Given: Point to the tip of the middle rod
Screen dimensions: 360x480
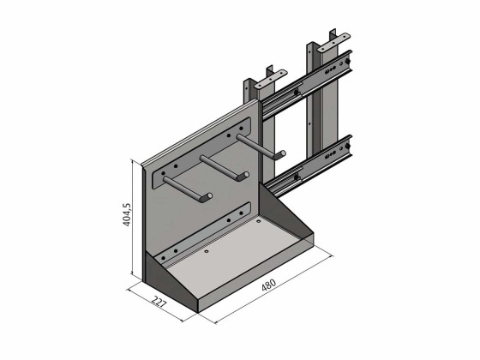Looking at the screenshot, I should click(243, 177).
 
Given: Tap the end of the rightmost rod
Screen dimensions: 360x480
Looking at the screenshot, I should click(280, 155).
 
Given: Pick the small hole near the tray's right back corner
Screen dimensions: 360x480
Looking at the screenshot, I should click(261, 224).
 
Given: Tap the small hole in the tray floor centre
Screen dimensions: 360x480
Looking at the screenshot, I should click(208, 252).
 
